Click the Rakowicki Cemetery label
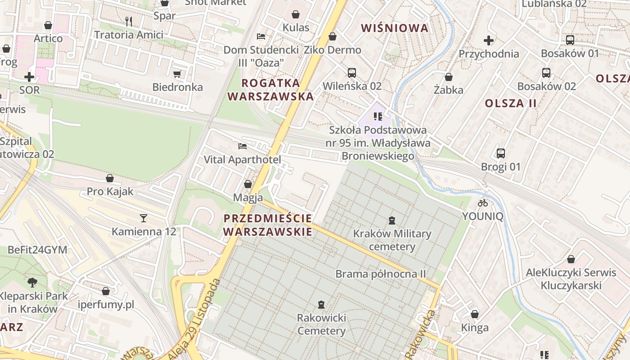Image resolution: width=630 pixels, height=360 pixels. coord(321,324)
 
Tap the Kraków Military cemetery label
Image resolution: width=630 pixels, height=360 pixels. coord(392,240)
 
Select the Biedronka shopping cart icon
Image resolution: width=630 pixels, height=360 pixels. coord(177,74)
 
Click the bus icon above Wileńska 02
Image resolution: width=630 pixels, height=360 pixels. coord(352,72)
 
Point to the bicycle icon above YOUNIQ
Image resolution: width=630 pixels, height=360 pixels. coord(483,203)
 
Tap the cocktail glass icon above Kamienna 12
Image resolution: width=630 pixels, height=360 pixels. coord(144,218)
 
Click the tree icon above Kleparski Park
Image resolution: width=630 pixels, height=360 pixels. coord(32,283)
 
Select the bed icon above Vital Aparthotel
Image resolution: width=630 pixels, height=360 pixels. coord(243,146)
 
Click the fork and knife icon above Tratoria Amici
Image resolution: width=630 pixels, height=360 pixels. coord(129,21)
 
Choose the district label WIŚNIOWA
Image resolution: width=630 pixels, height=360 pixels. coord(395,28)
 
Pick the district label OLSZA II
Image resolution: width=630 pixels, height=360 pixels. coord(510,103)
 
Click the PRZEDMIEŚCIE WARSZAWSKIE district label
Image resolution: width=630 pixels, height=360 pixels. coord(268,225)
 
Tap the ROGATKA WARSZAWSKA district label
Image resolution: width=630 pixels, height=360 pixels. coord(270,90)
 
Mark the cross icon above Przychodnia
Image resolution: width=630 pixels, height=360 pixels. coord(489,40)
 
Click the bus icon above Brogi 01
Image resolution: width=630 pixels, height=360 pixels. coord(501,153)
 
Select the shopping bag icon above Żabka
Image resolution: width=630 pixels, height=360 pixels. coord(449,77)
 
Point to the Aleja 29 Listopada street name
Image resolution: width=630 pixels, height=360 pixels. coord(195,320)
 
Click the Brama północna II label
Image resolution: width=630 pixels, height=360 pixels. coord(381,274)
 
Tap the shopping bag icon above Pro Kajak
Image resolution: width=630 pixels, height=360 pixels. coord(110,178)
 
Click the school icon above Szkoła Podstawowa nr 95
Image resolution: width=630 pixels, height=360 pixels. coord(378,117)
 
